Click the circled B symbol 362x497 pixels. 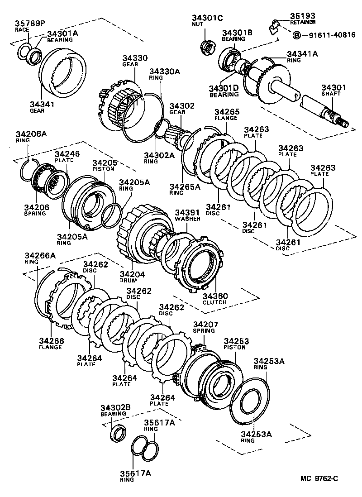(297, 35)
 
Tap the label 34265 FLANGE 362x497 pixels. (227, 115)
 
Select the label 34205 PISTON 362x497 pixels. (105, 165)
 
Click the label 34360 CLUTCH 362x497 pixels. (215, 299)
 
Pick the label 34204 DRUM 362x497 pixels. (132, 276)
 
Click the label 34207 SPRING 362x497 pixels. (206, 327)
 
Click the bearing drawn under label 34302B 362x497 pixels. (119, 432)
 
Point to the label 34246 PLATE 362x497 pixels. (67, 157)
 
